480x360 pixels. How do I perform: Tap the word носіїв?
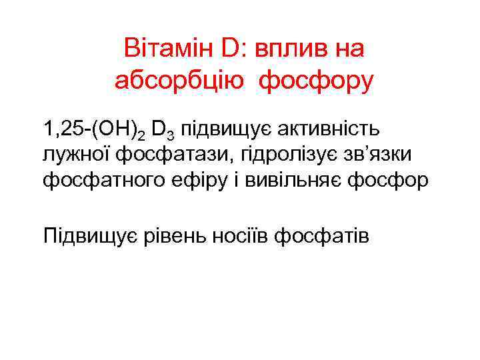click(246, 235)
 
